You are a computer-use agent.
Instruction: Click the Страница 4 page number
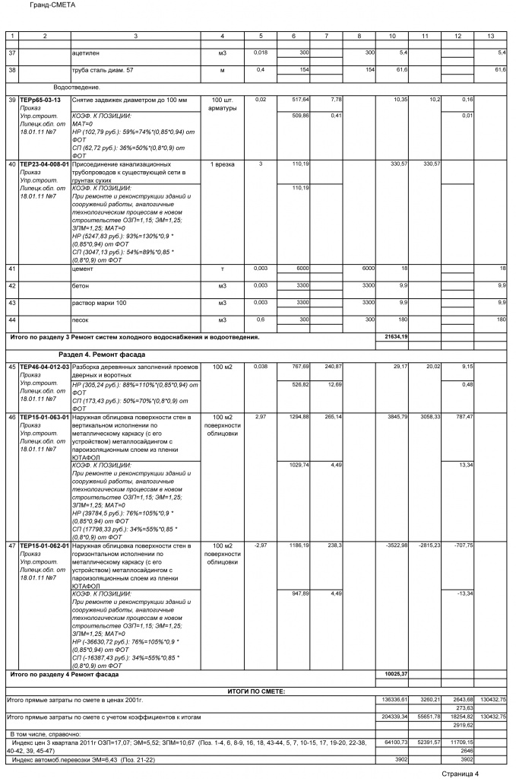461,774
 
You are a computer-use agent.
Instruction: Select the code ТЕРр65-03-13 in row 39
40,100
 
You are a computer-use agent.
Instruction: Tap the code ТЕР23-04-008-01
44,164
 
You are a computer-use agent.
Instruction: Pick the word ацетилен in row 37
85,52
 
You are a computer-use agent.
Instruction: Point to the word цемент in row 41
83,269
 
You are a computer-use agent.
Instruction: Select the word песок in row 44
81,320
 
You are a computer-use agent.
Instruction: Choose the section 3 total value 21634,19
397,336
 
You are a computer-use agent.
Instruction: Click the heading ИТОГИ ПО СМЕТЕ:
256,690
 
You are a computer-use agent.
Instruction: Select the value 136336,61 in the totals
395,699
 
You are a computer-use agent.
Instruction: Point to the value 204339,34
395,717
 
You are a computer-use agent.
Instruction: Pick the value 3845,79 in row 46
398,418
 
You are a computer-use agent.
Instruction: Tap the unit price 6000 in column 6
302,269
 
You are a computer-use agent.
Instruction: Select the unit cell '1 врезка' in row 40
222,164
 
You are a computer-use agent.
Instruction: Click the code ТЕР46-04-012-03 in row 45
44,367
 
